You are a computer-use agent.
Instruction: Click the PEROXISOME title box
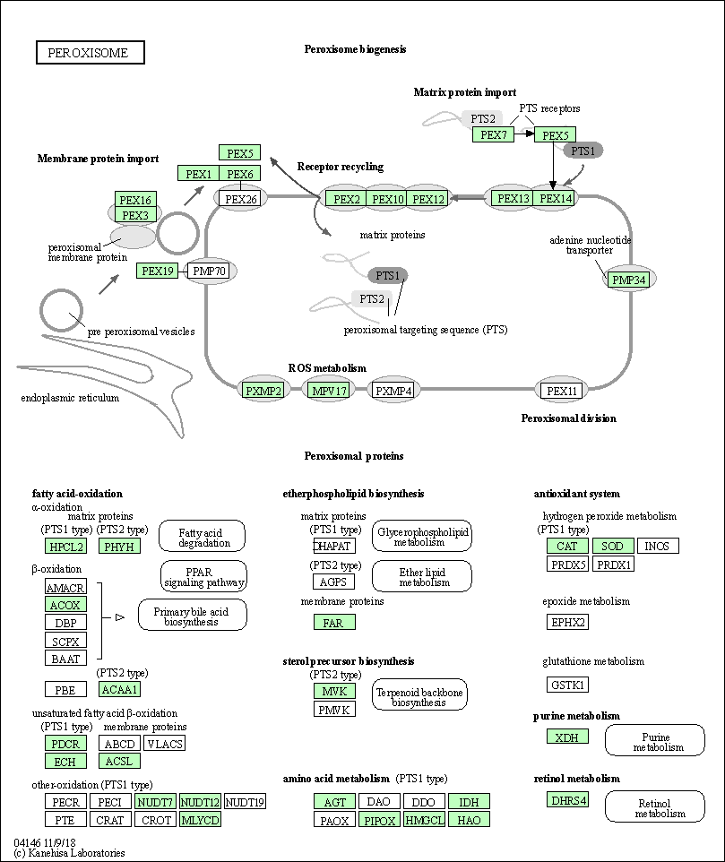tap(91, 53)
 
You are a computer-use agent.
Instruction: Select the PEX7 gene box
tap(493, 135)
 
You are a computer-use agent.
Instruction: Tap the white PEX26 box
tap(240, 199)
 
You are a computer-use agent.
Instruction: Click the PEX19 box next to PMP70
tap(158, 271)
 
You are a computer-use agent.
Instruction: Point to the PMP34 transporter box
tap(628, 280)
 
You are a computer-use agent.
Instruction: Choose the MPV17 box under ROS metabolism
tap(328, 391)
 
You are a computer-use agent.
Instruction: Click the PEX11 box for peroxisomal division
tap(562, 391)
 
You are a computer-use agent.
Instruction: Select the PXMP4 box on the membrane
tap(393, 391)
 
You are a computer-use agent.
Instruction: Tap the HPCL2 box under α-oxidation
tap(66, 546)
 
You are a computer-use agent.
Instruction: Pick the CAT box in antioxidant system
tap(567, 546)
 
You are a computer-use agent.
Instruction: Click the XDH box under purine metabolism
tap(567, 737)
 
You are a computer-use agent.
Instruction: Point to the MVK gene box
tap(334, 691)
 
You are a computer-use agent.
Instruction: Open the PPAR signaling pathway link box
tap(204, 577)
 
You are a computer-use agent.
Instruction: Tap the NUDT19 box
tap(245, 802)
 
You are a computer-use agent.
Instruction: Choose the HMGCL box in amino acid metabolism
tap(425, 819)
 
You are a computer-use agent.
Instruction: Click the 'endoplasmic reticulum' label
tap(70, 398)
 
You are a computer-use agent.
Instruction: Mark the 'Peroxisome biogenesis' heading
tap(355, 49)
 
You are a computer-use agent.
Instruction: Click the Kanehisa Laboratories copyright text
tap(70, 853)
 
